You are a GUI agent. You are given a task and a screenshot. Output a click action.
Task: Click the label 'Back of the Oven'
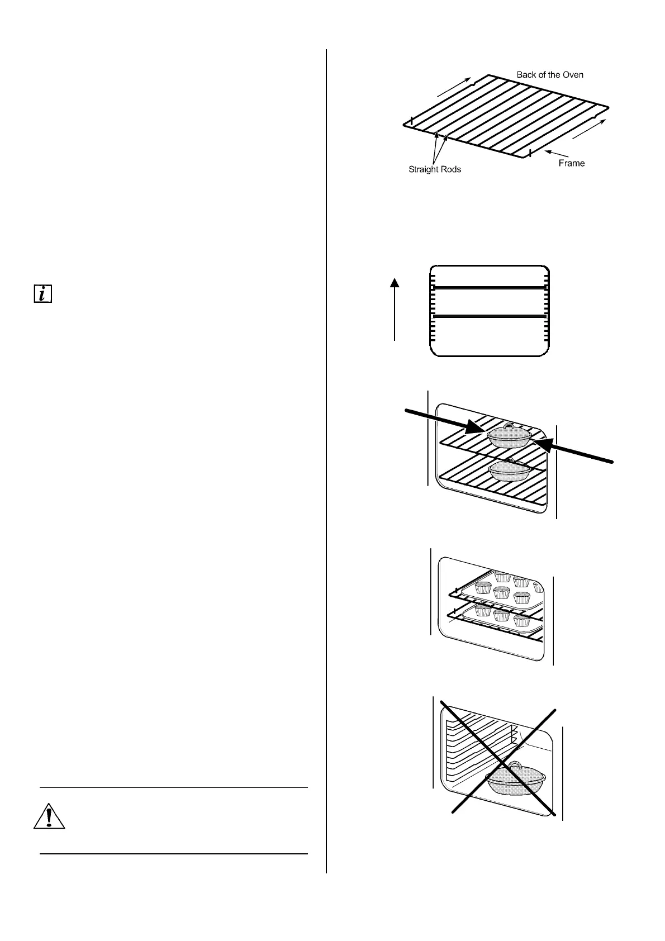click(549, 75)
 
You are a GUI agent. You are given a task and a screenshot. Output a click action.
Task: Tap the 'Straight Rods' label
click(435, 169)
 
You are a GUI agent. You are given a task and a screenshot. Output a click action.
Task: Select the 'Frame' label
click(571, 163)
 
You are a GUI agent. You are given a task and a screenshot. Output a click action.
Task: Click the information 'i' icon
click(42, 294)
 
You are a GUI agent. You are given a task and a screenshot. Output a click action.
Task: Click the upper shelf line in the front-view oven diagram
click(489, 288)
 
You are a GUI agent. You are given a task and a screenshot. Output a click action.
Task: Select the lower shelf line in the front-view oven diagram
click(489, 316)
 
